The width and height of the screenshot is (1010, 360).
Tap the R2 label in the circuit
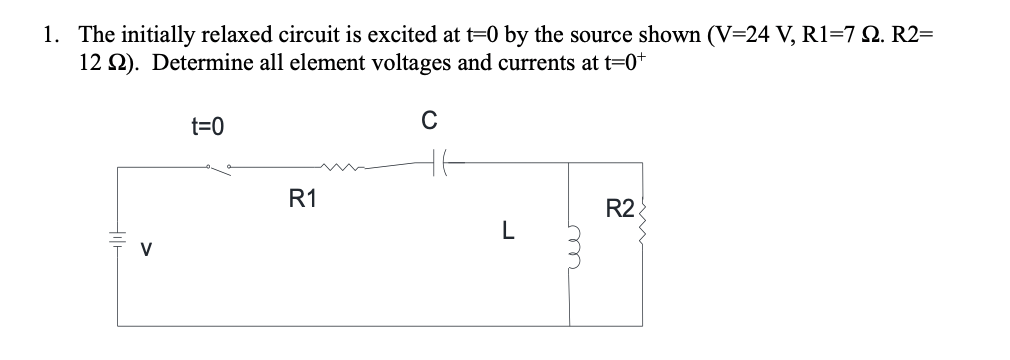[x=620, y=210]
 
